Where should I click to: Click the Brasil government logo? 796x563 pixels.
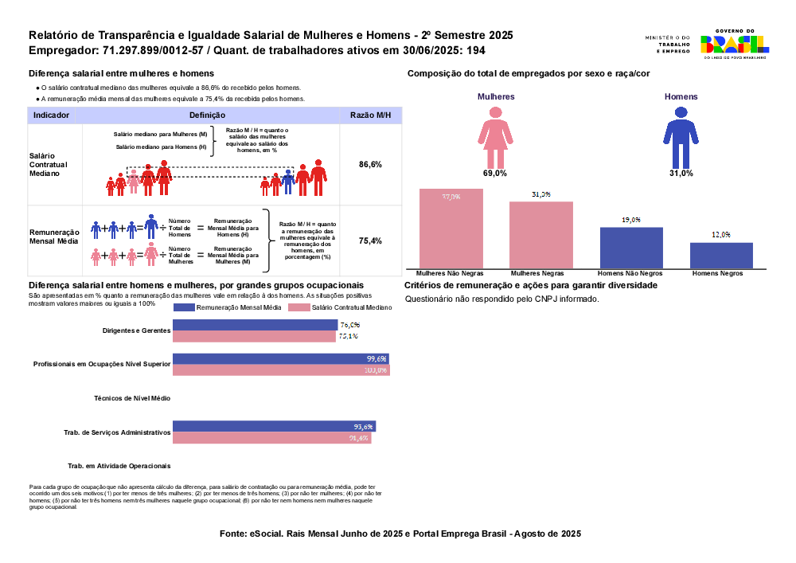click(734, 45)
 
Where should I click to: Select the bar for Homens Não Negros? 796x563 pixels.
click(631, 248)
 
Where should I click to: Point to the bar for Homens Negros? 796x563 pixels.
click(721, 256)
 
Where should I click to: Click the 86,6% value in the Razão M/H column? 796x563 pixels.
click(371, 164)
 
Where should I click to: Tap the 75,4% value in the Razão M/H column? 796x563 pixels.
click(371, 240)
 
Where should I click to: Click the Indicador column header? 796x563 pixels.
click(51, 115)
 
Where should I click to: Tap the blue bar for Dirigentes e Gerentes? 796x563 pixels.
click(255, 325)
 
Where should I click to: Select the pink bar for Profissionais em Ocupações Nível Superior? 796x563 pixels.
click(281, 370)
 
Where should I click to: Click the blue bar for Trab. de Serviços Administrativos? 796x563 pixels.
click(274, 426)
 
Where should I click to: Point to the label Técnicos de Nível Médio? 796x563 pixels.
click(131, 398)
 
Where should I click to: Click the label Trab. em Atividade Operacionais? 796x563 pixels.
click(119, 466)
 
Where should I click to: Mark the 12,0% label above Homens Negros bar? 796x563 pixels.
click(721, 235)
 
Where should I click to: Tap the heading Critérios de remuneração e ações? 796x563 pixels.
click(530, 285)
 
